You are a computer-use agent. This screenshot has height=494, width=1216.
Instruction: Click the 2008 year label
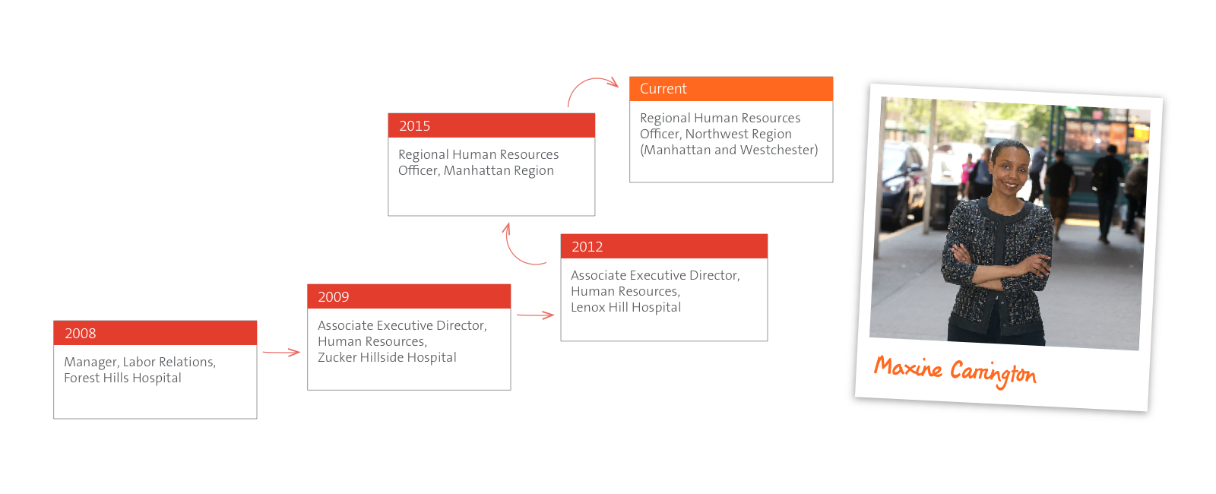coord(81,334)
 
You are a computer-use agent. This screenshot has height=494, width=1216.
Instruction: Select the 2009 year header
coord(334,297)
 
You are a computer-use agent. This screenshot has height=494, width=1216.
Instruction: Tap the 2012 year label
coord(587,247)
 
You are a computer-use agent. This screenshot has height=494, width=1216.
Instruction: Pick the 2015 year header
coord(414,126)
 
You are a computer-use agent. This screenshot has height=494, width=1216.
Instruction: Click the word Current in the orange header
coord(663,88)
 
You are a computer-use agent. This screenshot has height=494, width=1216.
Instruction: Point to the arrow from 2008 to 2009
coord(281,353)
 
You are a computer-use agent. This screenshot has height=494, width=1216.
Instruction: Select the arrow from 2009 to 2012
coord(535,315)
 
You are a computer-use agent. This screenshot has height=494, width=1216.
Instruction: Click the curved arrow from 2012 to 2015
coord(511,252)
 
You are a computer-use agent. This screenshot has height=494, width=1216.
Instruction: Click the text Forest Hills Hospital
coord(122,378)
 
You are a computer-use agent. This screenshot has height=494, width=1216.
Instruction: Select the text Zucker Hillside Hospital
coord(387,357)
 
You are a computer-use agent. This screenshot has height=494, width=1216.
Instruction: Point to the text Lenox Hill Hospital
coord(626,307)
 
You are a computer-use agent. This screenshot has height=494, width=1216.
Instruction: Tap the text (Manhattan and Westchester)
coord(729,150)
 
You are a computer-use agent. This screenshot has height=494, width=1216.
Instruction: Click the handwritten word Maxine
coord(907,368)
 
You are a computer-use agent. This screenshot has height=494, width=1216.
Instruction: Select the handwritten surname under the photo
coord(993,372)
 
